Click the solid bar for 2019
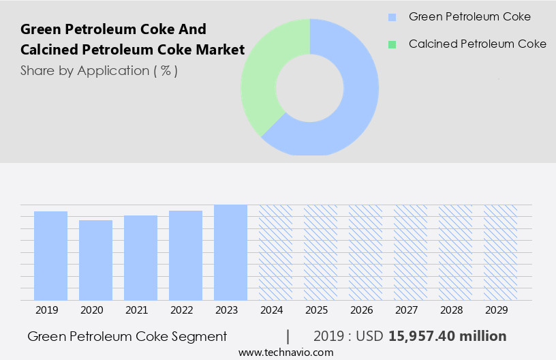(50, 256)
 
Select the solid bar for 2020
(95, 260)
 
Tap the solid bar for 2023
(230, 252)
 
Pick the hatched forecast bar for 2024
(275, 252)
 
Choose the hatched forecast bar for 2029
(500, 252)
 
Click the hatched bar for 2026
(365, 252)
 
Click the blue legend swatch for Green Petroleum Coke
(392, 17)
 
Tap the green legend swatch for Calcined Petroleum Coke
(392, 44)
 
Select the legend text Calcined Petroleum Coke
(477, 44)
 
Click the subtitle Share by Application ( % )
(99, 71)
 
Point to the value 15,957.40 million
(447, 336)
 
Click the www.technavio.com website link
(285, 352)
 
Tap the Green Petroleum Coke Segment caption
(127, 336)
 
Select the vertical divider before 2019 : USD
(288, 336)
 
